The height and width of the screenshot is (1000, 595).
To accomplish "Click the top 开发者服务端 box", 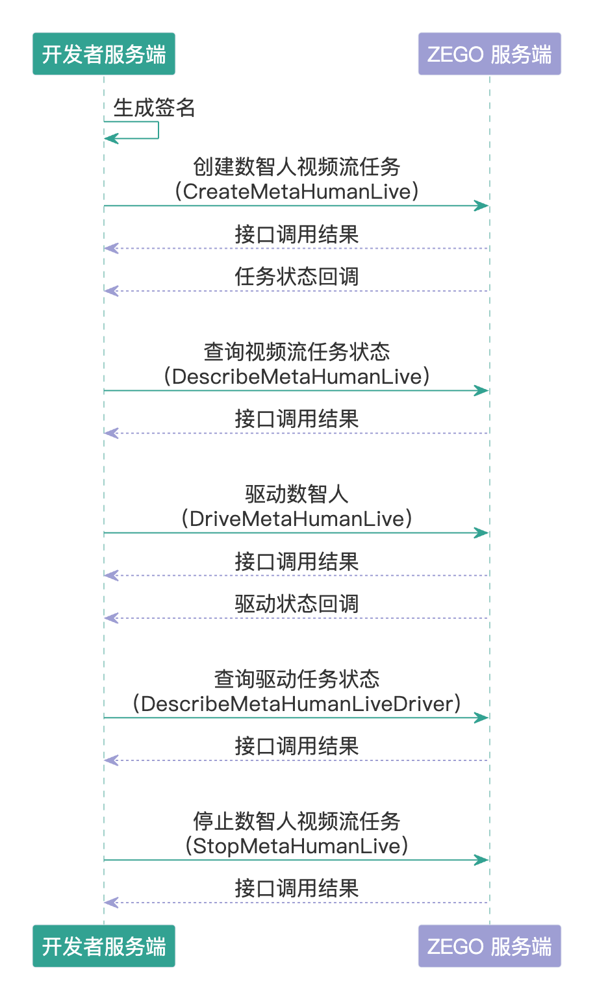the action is pos(104,53).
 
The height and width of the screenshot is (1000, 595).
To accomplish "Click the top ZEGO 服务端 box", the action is pos(490,53).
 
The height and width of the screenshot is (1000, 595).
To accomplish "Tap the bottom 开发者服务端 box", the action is pos(104,945).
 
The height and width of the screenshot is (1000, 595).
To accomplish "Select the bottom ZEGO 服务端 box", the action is pos(490,945).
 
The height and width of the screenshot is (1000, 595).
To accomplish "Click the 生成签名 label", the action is pos(154,108).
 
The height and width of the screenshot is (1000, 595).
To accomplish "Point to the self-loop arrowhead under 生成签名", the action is pos(111,138).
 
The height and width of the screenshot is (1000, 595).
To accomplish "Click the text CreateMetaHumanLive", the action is pos(297,192).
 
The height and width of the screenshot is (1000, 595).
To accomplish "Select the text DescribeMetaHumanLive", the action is pos(297,377).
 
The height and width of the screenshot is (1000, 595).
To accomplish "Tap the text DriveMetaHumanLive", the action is pos(297,519).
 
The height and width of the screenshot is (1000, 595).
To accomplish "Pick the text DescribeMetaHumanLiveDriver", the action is pos(297,704).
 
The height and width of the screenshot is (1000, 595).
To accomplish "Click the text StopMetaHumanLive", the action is pos(297,846).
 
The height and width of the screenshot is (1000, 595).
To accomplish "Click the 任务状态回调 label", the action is pos(297,277).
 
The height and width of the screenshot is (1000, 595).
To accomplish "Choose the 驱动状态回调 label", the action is pos(297,604).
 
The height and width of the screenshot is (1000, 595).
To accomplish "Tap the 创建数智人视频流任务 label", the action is pos(297,166).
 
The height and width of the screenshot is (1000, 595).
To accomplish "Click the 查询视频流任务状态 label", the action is pos(297,351).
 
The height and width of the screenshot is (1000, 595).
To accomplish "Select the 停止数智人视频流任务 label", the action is pos(297,821).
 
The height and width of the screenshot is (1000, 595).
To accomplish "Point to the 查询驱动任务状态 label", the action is pos(297,679).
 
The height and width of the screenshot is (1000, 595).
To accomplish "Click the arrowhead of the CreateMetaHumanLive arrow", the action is pos(482,206).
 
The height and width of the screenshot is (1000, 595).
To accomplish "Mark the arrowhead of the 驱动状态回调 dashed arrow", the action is pos(111,618).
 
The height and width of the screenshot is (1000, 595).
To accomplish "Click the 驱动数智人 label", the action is pos(297,494).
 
